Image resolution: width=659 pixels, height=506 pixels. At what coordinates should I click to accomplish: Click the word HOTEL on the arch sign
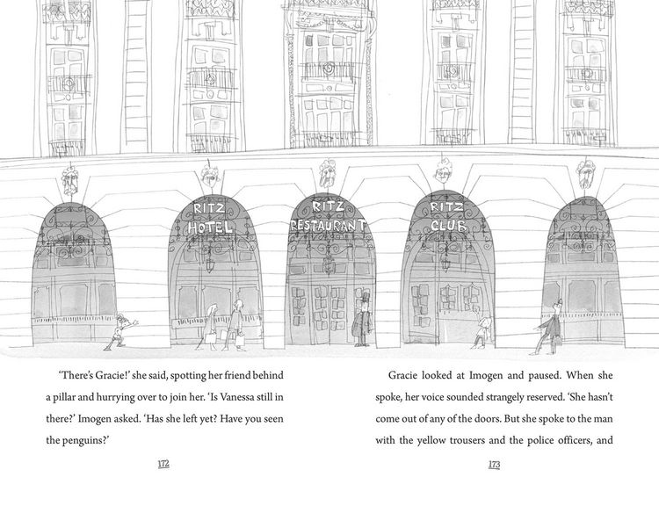pos(210,228)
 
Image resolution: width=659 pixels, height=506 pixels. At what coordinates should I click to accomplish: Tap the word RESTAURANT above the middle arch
pos(329,225)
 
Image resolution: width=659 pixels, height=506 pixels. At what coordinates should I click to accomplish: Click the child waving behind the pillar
pos(121,331)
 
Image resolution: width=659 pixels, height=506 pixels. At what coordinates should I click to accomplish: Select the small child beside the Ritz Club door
pos(482,331)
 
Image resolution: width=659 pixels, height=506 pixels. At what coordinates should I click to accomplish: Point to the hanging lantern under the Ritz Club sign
pos(445,264)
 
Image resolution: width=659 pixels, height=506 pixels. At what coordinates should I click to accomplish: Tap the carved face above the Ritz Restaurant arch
pos(327,175)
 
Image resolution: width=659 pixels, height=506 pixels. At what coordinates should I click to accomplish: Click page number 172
pos(163,464)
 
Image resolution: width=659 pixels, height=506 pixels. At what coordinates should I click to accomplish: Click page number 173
pos(494,465)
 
